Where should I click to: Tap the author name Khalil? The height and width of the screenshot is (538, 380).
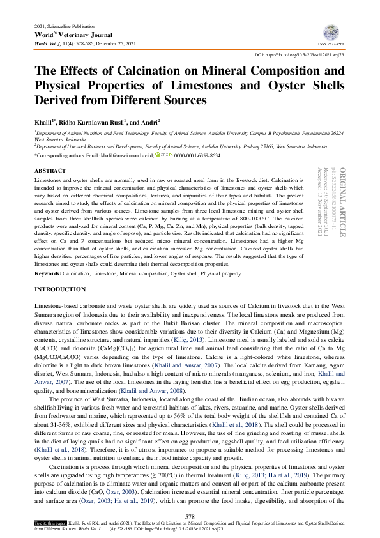(43, 121)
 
